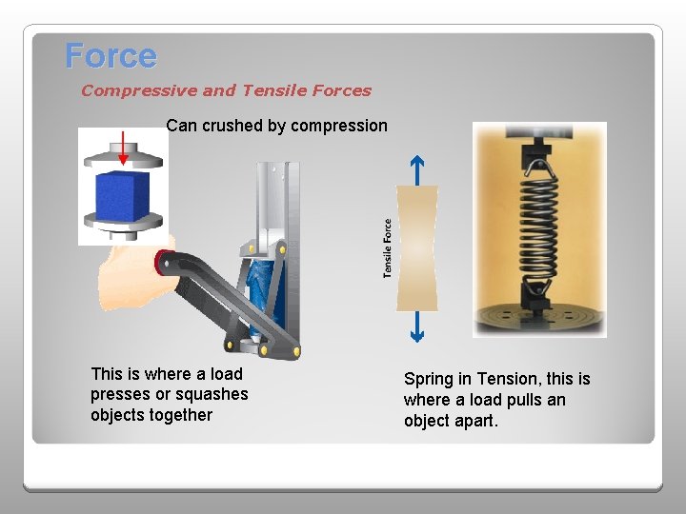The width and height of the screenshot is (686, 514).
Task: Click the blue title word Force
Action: pos(111,55)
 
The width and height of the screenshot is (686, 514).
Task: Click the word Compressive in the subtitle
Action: pos(139,91)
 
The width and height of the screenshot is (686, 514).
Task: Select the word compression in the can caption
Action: pos(339,126)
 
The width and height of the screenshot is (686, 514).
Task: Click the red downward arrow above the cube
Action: pos(123,148)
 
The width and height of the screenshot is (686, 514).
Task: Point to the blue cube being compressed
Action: pos(123,196)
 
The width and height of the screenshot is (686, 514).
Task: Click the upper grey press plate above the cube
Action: pos(123,156)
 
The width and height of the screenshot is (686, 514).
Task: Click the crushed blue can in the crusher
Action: pos(262,288)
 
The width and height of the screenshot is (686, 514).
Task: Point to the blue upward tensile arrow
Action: pos(417,170)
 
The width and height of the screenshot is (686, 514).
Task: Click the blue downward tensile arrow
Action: pos(417,326)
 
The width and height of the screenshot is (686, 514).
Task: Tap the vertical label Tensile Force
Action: pos(387,248)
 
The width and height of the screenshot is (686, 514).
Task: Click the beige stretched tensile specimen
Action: pos(417,248)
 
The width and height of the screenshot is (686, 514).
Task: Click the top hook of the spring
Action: pos(540,169)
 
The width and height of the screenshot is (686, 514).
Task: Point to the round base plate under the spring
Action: pos(540,317)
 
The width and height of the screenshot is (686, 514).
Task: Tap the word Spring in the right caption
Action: pos(429,379)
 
